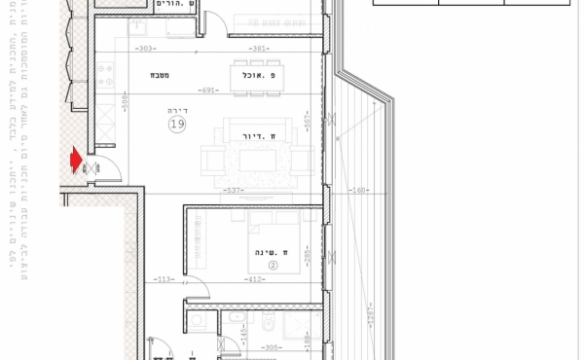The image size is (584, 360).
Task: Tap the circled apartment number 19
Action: click(x=177, y=125)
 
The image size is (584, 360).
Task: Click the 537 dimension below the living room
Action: click(x=234, y=191)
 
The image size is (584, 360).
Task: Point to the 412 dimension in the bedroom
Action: click(x=256, y=280)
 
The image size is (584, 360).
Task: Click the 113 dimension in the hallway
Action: click(x=163, y=280)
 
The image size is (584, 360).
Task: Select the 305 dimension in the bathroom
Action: click(x=273, y=347)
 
